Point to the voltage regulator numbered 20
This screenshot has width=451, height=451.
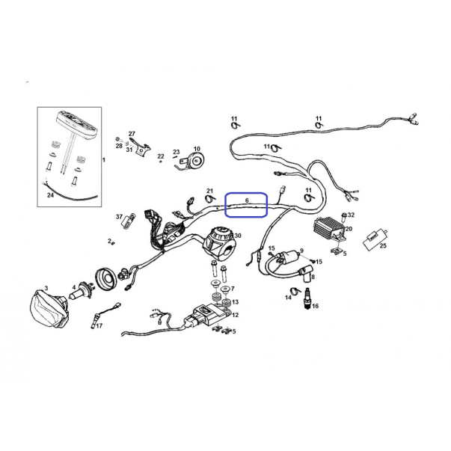tap(330, 230)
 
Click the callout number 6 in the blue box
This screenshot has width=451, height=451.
tap(247, 200)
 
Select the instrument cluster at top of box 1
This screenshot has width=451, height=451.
tap(76, 121)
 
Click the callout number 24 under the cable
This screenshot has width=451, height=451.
tap(50, 195)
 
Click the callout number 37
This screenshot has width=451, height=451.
tap(120, 217)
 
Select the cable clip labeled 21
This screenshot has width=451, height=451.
tap(211, 198)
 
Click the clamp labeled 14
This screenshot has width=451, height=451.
tap(295, 291)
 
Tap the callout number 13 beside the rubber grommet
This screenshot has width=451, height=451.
tap(236, 301)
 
